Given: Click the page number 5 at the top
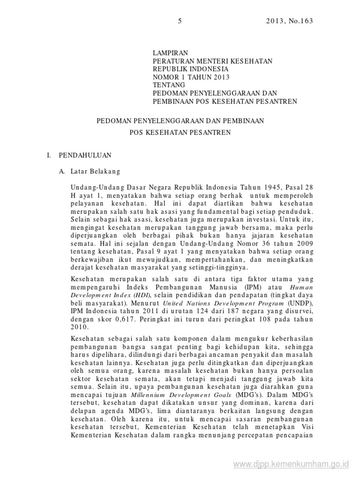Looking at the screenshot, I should [x=180, y=21].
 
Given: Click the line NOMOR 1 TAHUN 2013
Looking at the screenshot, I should [x=192, y=77].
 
